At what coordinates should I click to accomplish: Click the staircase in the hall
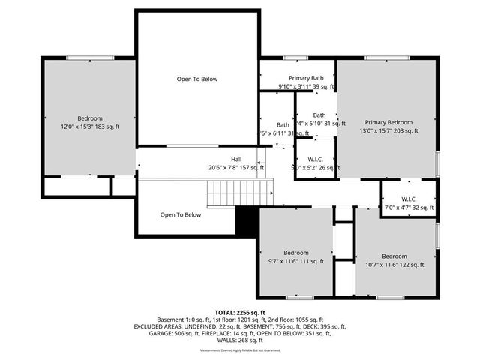click(232, 195)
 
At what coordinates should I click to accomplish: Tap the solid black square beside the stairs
click(247, 220)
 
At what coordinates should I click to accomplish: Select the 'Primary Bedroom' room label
click(388, 122)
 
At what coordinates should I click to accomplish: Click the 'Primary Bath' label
click(306, 78)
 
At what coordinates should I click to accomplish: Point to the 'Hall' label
click(236, 159)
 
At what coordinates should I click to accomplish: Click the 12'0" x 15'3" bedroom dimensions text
click(89, 127)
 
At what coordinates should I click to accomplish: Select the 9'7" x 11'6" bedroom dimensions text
click(295, 261)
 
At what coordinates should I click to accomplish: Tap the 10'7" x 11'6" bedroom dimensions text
click(394, 264)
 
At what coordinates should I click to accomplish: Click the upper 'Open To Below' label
click(197, 79)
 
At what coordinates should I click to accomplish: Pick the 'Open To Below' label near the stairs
click(181, 214)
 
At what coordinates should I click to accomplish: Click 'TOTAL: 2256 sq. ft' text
click(240, 312)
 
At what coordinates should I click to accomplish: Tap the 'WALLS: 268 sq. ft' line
click(240, 342)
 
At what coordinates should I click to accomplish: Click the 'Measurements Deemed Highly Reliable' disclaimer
click(240, 351)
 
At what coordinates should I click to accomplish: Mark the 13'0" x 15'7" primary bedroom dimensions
click(388, 130)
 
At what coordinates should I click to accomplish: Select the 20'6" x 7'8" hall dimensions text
click(237, 167)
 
